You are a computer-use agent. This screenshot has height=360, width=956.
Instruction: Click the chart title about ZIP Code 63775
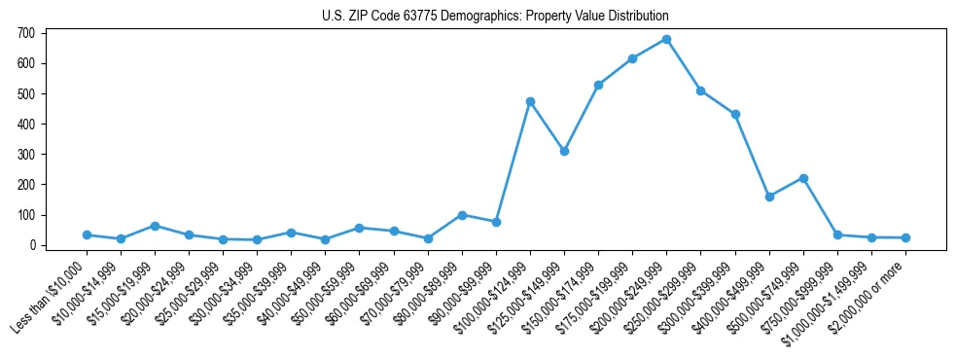pos(495,17)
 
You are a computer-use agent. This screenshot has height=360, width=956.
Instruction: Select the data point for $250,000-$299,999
pos(700,90)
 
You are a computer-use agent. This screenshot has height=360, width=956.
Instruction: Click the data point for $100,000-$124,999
pos(530,101)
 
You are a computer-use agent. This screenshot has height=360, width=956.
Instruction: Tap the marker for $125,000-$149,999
pos(564,152)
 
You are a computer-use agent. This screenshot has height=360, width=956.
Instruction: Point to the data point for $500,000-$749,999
pos(803,178)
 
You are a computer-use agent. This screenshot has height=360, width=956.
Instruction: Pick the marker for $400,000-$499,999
pos(769,197)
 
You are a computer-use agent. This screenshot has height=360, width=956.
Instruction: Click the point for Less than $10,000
pos(87,234)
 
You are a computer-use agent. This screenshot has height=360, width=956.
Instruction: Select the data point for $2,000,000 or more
pos(905,237)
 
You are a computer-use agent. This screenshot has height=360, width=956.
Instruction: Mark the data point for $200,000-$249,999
pos(666,40)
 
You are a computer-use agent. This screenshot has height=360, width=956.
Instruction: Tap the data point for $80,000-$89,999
pos(462,215)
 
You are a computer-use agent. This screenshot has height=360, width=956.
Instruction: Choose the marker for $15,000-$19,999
pos(155,226)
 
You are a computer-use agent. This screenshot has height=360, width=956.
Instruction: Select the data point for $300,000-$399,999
pos(735,114)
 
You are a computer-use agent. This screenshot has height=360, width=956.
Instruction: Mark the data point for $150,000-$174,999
pos(598,86)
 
